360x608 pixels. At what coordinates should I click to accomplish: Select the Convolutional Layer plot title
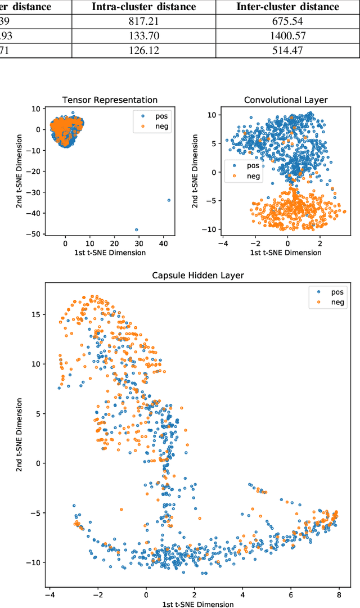[286, 100]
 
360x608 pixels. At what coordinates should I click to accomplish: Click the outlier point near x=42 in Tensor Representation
[169, 200]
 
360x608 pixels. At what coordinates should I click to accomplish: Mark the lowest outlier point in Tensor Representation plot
[136, 229]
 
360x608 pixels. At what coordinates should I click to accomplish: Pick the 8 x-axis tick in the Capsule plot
[339, 595]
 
